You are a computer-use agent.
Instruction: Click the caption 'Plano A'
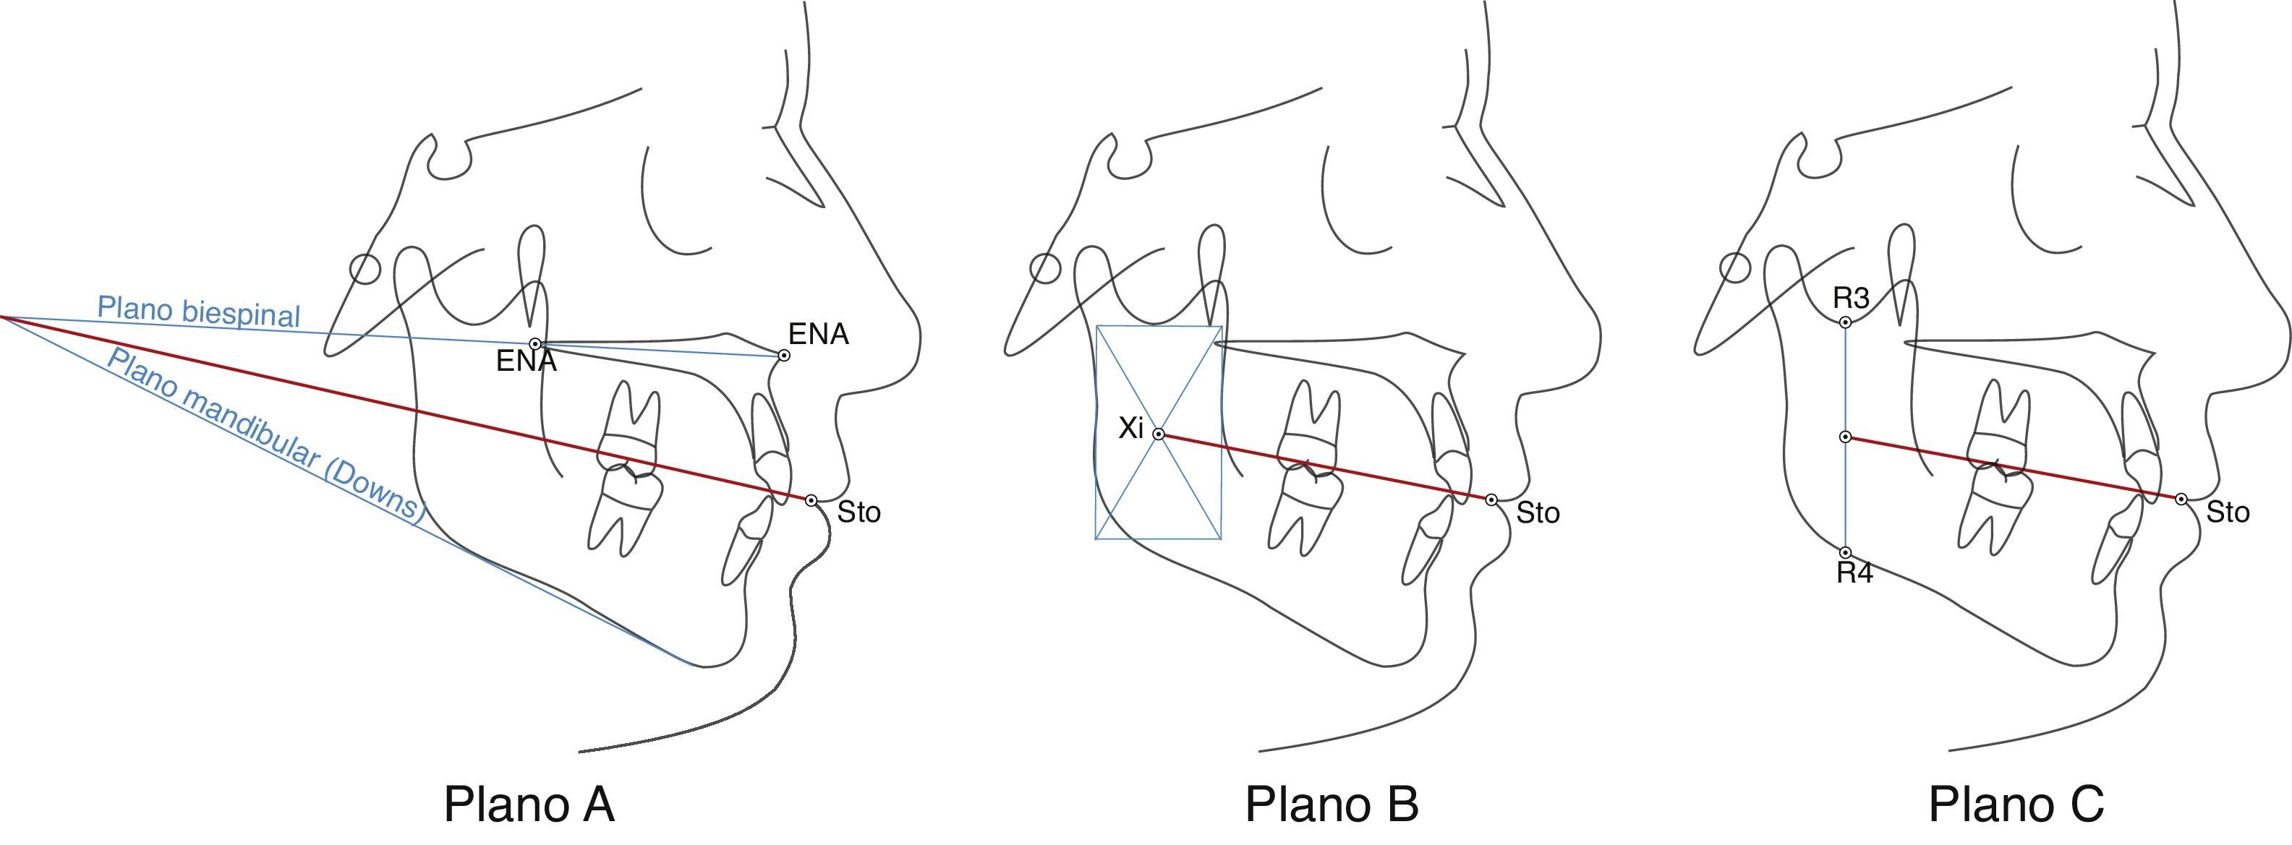point(529,804)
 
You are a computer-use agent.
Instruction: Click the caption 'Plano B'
point(1331,804)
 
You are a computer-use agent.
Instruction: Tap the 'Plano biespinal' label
point(198,312)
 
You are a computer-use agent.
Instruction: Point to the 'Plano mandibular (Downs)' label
point(265,434)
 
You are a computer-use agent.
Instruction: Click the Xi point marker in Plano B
point(1159,434)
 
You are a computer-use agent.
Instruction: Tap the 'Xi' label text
point(1130,429)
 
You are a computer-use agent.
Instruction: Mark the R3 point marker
point(1846,322)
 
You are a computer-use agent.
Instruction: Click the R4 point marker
point(1846,552)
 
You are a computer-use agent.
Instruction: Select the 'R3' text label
point(1852,298)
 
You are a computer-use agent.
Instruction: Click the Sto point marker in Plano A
point(811,501)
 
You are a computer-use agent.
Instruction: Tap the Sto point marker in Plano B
point(1491,500)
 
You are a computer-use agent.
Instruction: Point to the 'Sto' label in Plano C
point(2228,512)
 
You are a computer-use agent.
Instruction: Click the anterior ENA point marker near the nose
point(784,355)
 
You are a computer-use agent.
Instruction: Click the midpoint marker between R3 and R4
point(1846,437)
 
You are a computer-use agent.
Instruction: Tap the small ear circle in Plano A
point(365,269)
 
